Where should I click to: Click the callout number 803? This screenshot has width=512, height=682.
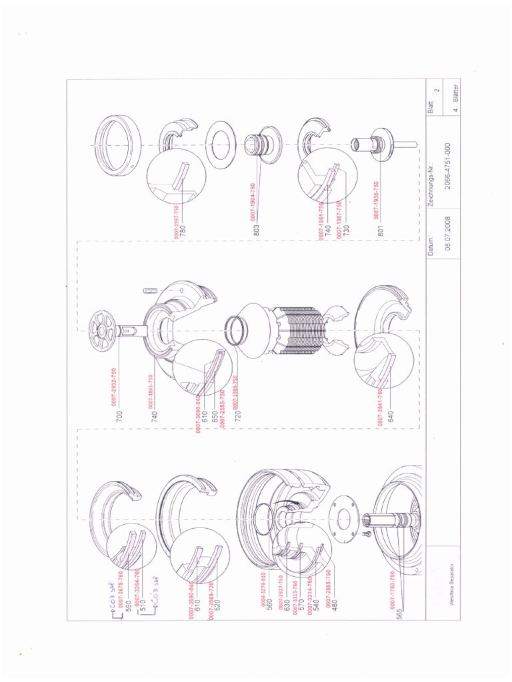(x=256, y=228)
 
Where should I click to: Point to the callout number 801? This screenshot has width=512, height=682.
(x=379, y=231)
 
